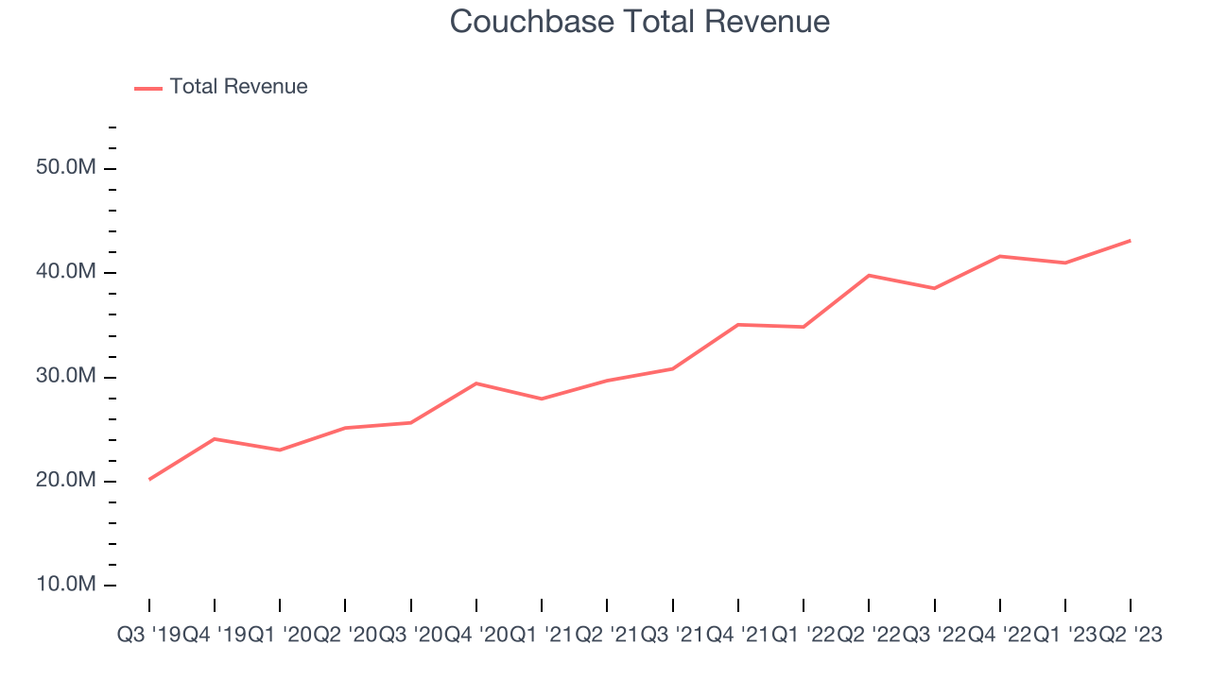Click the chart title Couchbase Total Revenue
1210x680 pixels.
(x=640, y=22)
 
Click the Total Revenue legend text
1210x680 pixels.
(x=238, y=87)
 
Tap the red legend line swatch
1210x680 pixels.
(x=148, y=88)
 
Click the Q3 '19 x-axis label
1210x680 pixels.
(x=149, y=636)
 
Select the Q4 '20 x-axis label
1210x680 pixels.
(x=476, y=636)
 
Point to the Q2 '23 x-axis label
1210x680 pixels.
(x=1131, y=636)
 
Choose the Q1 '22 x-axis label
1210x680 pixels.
(x=804, y=636)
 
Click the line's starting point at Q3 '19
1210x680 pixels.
(x=149, y=479)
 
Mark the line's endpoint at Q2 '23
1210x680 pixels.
(x=1131, y=241)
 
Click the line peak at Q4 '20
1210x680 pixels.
(x=476, y=383)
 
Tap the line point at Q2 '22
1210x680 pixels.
(x=869, y=275)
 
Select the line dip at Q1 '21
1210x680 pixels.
(x=542, y=399)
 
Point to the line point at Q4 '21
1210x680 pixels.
(x=738, y=324)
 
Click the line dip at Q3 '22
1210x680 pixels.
(x=934, y=288)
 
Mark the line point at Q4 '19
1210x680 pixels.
(x=215, y=439)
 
